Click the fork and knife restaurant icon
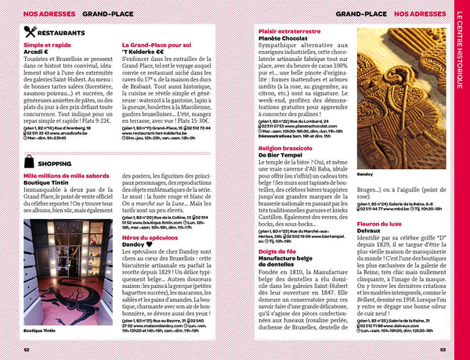tap(31, 33)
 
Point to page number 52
tap(27, 350)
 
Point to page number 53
tap(442, 350)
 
